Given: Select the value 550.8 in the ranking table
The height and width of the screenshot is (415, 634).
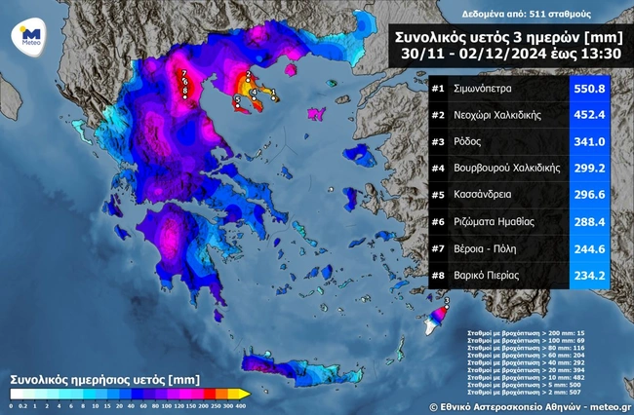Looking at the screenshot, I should point(589,89).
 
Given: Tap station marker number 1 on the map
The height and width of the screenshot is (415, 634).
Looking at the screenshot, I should point(274,93).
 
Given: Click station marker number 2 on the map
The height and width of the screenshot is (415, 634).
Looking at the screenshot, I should point(249,74).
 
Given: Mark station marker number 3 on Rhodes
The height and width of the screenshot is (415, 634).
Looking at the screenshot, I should point(448,304).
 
